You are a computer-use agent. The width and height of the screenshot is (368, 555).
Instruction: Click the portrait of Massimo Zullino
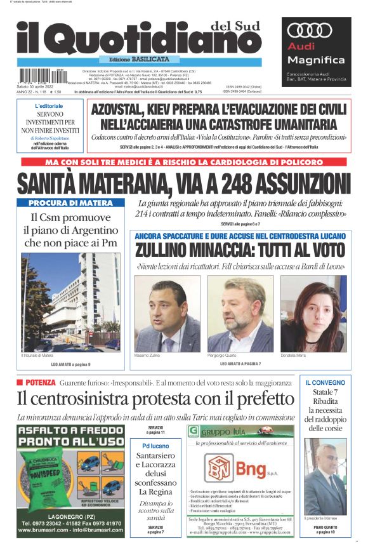pyautogui.click(x=167, y=313)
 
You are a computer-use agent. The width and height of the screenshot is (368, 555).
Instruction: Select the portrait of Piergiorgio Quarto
pyautogui.click(x=240, y=313)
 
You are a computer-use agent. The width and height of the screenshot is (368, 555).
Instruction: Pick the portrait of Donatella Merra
pyautogui.click(x=313, y=313)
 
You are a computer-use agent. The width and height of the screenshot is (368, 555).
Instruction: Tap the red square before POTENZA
pyautogui.click(x=20, y=382)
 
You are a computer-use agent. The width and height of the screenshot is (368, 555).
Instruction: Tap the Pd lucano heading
pyautogui.click(x=156, y=446)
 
